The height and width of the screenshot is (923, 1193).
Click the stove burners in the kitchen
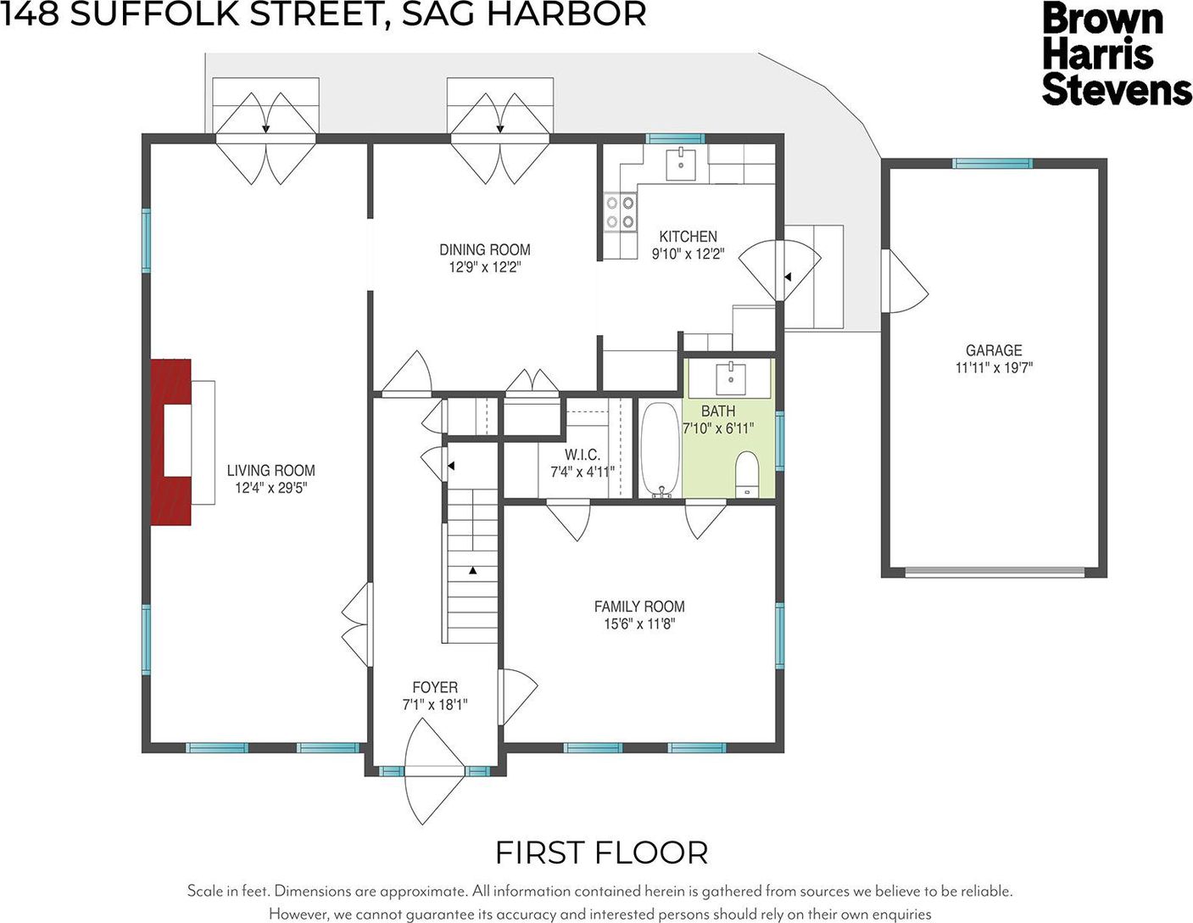[621, 212]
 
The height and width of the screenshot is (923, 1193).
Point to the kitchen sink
[681, 165]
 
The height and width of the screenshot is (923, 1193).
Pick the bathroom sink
[731, 378]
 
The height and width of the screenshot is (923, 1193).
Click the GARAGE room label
[994, 350]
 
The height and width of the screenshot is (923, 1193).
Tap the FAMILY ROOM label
[639, 607]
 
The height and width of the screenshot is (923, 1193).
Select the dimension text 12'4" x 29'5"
[271, 488]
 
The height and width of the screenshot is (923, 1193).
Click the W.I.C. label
[583, 455]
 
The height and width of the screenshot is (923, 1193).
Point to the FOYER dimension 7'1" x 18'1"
[435, 704]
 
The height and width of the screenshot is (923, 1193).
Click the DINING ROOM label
[485, 249]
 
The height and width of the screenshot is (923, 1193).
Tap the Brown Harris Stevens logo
[1117, 53]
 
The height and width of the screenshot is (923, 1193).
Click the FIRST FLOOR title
[602, 853]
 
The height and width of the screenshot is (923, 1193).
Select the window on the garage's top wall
[992, 163]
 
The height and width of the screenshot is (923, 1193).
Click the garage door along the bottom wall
[995, 572]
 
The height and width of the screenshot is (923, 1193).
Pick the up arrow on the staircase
[472, 570]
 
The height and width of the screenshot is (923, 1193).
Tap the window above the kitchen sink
[675, 138]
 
